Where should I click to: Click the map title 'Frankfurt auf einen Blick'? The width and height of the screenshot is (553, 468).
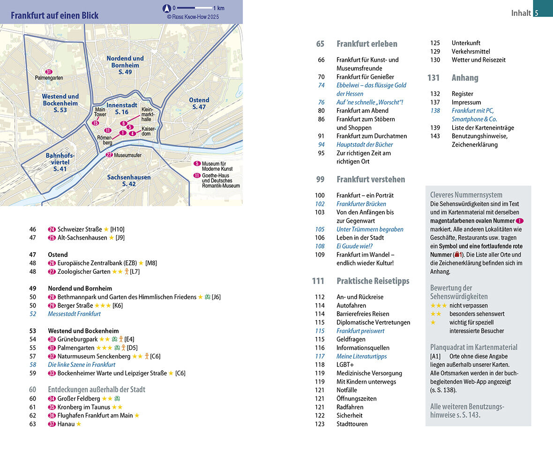tap(55, 15)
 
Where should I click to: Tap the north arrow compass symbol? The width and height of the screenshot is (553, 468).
tap(166, 8)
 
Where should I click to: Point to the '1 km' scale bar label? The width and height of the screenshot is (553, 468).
tap(218, 8)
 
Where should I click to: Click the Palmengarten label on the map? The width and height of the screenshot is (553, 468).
tap(49, 78)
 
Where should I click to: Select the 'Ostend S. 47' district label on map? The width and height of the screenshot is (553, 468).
tap(199, 103)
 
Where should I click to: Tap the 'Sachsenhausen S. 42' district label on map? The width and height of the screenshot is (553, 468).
tap(129, 181)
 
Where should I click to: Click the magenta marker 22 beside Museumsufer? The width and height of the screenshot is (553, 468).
tap(109, 155)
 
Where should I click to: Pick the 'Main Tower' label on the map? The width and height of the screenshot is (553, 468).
tap(101, 112)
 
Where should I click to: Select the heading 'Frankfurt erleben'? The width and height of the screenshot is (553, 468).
tap(366, 44)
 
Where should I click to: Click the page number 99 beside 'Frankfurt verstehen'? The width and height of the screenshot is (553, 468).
tap(321, 179)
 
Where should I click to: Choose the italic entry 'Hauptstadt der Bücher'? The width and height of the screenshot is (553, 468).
tap(365, 145)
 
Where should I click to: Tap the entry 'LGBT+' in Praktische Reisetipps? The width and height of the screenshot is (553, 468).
tap(345, 365)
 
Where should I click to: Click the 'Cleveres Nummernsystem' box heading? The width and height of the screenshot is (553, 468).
tap(466, 195)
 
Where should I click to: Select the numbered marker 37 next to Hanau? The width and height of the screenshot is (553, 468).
tap(52, 424)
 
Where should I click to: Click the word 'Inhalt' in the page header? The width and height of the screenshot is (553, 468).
tap(521, 13)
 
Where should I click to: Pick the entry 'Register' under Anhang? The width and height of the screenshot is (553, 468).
tap(462, 94)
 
